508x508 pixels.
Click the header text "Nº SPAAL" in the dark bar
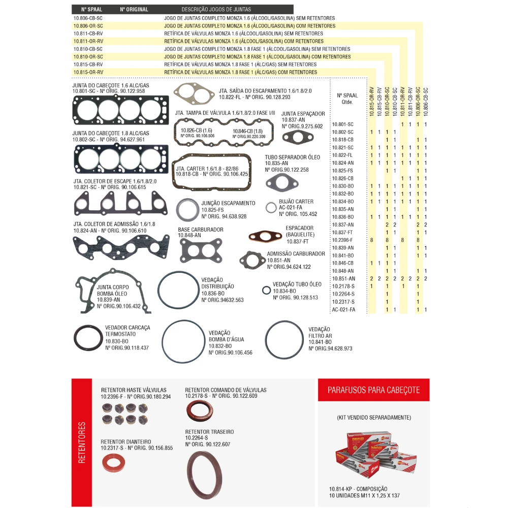tap(91, 9)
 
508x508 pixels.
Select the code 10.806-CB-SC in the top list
tap(88, 18)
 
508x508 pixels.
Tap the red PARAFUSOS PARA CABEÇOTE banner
tap(373, 390)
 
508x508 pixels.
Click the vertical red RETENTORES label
tap(82, 442)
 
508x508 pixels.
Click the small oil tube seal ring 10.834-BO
tap(266, 291)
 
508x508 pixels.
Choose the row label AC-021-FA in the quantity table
tap(343, 309)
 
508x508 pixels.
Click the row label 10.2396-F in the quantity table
tap(342, 240)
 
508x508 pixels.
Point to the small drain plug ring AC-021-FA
tap(271, 207)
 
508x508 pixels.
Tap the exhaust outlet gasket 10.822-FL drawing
tap(193, 93)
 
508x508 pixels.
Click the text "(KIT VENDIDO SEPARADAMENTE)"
tap(373, 418)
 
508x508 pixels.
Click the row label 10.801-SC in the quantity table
tap(342, 124)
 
